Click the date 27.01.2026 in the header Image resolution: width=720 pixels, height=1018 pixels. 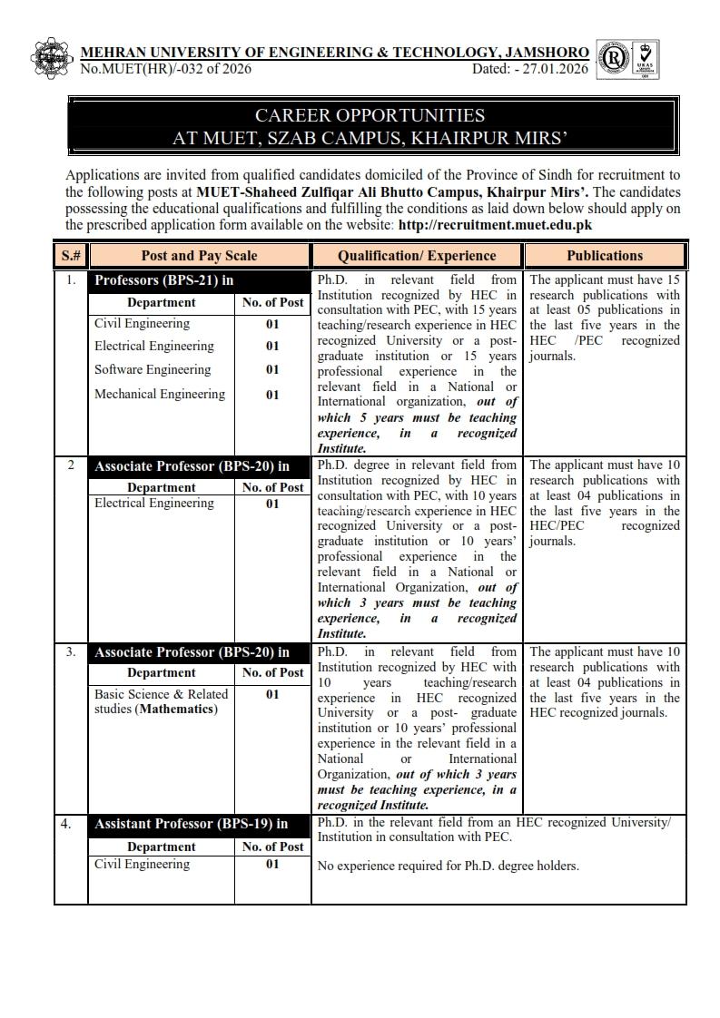(x=557, y=69)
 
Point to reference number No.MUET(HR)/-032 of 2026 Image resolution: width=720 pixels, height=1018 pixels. (x=166, y=69)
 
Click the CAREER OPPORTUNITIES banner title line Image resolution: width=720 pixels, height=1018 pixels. (x=370, y=115)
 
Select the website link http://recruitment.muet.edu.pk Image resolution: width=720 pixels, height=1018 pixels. (x=496, y=224)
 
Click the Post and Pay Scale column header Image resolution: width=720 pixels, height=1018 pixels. (x=199, y=256)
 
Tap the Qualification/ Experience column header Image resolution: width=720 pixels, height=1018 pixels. (x=417, y=256)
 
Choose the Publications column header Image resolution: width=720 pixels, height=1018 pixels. (x=605, y=256)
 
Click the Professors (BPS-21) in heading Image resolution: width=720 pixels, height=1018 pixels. (x=164, y=280)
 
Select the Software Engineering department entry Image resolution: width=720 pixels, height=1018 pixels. (x=153, y=369)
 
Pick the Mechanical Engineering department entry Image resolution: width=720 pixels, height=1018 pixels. (x=160, y=394)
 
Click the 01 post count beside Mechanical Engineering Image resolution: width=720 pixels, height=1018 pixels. (x=272, y=395)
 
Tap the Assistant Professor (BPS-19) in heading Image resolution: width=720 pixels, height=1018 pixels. (x=192, y=824)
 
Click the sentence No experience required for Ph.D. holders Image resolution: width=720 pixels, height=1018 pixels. (x=448, y=866)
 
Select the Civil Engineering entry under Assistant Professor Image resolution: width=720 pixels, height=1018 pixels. (x=143, y=864)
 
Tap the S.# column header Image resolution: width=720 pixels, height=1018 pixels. (x=71, y=256)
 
